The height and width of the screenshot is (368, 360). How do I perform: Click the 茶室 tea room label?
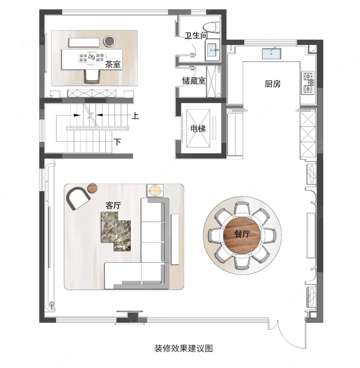click(x=113, y=64)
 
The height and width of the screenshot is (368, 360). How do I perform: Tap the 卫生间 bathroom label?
click(x=196, y=36)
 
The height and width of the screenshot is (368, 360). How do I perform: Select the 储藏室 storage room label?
click(x=194, y=81)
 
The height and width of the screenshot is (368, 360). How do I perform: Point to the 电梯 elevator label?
click(x=198, y=129)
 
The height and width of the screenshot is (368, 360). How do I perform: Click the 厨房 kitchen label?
click(x=273, y=84)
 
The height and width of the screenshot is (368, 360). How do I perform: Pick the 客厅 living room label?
click(x=113, y=205)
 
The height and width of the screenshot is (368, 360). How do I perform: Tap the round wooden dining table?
click(x=242, y=234)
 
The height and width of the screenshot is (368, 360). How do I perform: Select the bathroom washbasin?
click(x=213, y=50)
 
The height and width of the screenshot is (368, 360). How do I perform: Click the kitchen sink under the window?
click(x=272, y=54)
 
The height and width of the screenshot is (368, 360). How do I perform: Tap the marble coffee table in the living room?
click(x=116, y=231)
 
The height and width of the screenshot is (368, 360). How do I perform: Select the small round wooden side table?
click(x=92, y=188)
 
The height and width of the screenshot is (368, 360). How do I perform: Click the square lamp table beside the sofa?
click(x=155, y=190)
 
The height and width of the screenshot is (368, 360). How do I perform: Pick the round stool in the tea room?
click(x=110, y=41)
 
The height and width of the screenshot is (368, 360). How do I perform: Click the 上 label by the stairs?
click(x=135, y=115)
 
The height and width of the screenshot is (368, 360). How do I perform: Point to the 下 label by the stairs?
click(x=117, y=142)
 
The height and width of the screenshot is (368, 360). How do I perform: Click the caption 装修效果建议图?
click(x=183, y=348)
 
